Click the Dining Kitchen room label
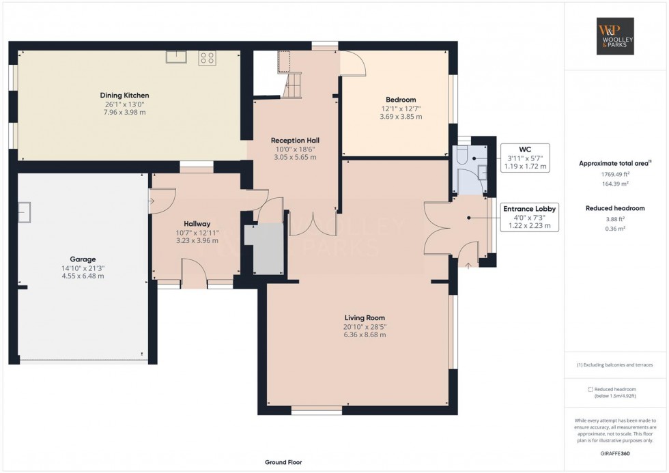point(124,95)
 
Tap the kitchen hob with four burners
point(207,58)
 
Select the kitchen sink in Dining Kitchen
point(176,57)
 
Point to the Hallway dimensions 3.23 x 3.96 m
point(197,240)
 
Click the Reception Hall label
point(297,140)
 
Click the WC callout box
point(524,158)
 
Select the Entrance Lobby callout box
point(530,217)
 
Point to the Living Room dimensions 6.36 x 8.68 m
point(365,335)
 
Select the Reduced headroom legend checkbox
point(590,389)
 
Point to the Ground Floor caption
point(283,462)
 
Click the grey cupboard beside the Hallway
point(268,248)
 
